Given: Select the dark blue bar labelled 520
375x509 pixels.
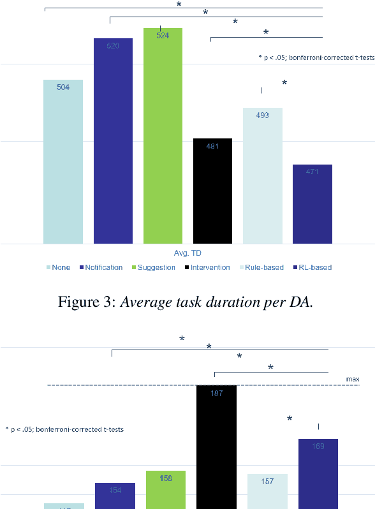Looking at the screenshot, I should pos(113,140).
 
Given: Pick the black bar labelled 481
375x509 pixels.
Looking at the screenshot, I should pos(212,191).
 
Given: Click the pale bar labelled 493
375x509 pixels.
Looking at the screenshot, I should pos(262,175).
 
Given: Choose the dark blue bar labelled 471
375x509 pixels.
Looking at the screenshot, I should pos(312,203).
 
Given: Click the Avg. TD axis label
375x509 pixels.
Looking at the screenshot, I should pos(187,253).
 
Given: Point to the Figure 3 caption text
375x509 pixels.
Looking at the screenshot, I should pos(187,303).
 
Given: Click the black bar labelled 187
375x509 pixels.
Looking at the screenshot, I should pos(216,446).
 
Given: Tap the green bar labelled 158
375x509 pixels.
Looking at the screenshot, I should pos(165,489).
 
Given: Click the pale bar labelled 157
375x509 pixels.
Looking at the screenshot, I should pos(267,491).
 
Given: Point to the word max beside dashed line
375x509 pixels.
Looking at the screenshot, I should pos(353,379).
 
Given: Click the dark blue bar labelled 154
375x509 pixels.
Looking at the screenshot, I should pos(115,496).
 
